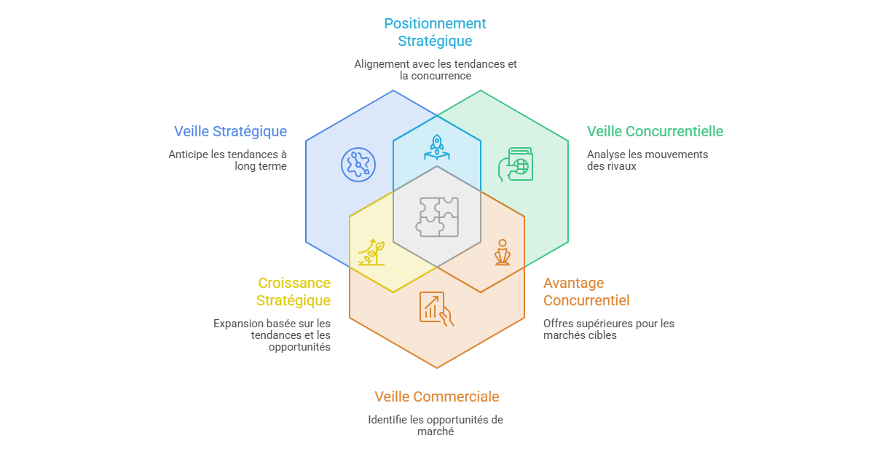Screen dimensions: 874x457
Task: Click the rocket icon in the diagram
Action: point(437,147)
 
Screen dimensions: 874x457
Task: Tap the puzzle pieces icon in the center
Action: point(437,217)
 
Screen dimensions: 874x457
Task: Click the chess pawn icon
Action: point(503,252)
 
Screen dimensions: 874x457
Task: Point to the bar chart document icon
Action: point(436,309)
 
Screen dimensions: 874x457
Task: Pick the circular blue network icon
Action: point(358,165)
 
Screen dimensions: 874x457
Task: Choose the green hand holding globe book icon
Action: point(516,165)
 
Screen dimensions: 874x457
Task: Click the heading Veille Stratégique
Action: point(230,132)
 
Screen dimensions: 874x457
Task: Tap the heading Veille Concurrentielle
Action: point(655,132)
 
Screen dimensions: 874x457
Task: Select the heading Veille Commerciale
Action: point(437,397)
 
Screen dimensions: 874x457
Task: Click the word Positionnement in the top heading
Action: point(435,23)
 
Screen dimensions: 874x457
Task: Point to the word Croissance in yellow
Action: point(294,283)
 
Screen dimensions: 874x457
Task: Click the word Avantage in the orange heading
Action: point(574,284)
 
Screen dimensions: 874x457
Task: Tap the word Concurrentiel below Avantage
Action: point(586,300)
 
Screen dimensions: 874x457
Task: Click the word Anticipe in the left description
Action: point(189,155)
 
